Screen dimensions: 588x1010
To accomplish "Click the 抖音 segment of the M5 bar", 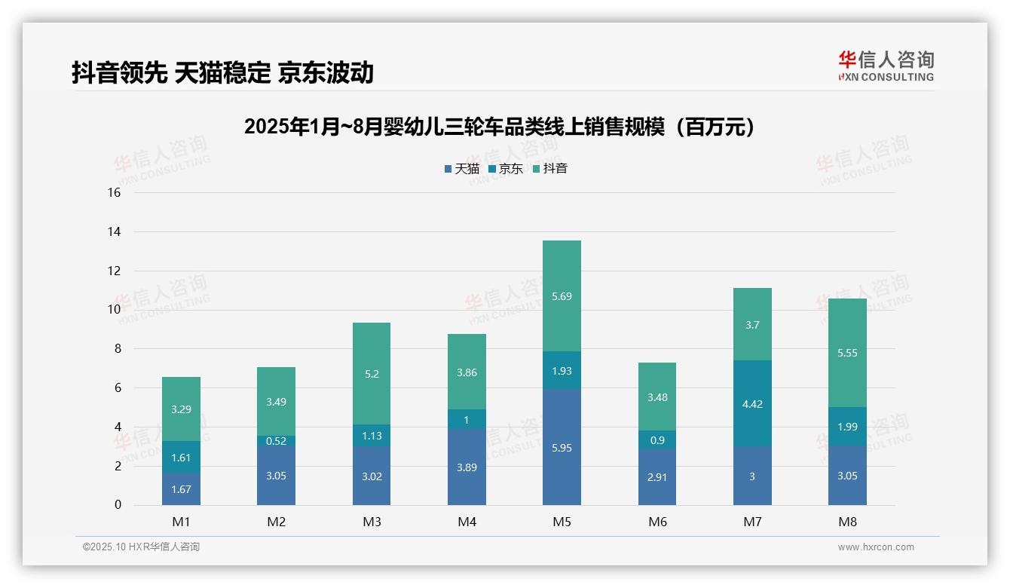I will [562, 296].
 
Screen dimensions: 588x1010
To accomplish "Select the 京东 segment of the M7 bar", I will [752, 403].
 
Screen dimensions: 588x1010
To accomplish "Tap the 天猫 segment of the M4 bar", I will [467, 467].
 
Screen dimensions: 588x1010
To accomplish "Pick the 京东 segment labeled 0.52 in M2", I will [276, 440].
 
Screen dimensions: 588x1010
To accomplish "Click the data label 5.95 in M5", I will [562, 448].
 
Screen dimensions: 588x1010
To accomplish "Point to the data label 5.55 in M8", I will [847, 352].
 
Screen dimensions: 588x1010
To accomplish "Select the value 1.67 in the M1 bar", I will [181, 489].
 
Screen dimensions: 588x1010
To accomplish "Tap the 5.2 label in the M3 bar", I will [372, 373].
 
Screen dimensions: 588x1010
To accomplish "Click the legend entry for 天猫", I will [462, 169].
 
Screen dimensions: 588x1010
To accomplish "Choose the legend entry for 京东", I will [506, 169].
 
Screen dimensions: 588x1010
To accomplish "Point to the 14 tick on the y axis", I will [114, 231].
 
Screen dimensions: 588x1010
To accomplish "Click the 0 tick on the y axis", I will [118, 505].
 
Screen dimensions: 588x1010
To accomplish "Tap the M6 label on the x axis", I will [657, 522].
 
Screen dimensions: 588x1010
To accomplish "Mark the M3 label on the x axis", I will [372, 522].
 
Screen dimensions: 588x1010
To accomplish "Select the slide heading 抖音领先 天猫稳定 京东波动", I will [222, 72].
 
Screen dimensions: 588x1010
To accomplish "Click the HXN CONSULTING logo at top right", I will [886, 66].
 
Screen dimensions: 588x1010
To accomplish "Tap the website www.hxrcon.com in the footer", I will [876, 547].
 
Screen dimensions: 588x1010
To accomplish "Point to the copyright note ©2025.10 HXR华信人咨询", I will [141, 547].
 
